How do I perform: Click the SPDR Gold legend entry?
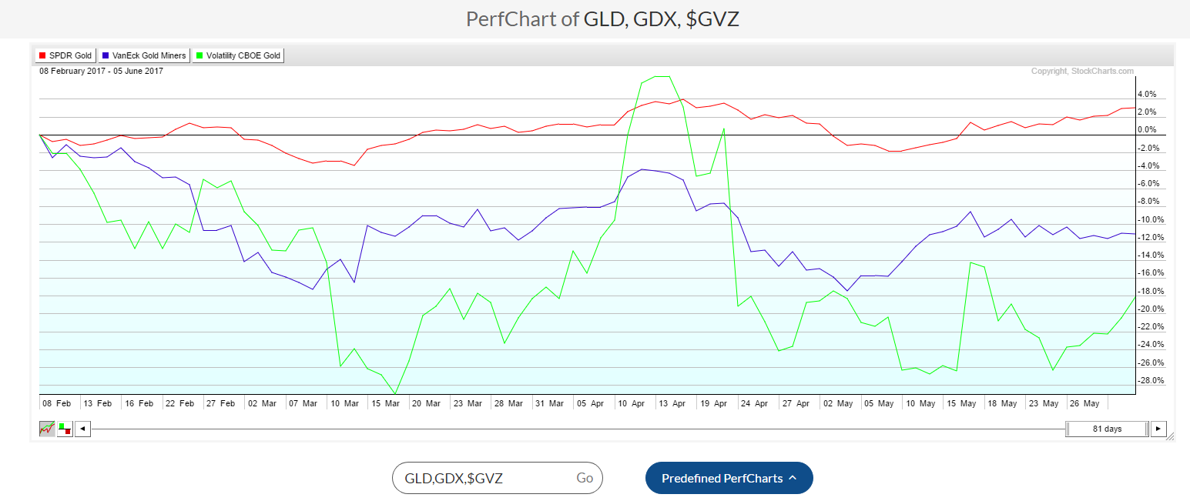(x=65, y=55)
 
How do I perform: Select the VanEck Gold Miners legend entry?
(x=144, y=55)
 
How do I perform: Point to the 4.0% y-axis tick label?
(x=1146, y=95)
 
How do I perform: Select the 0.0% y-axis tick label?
(x=1146, y=130)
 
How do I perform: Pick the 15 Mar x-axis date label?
(x=384, y=402)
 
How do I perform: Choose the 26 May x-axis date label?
(x=1082, y=402)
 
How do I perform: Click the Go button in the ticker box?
(x=585, y=478)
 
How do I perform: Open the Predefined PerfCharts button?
(x=729, y=478)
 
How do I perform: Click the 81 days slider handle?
(x=1107, y=429)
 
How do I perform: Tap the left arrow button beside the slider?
(x=82, y=429)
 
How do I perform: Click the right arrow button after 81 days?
(x=1158, y=429)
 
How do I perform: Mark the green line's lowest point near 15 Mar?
(x=395, y=393)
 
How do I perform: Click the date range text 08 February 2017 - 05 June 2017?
(x=101, y=72)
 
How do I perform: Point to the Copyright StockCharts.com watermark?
(x=1082, y=72)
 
